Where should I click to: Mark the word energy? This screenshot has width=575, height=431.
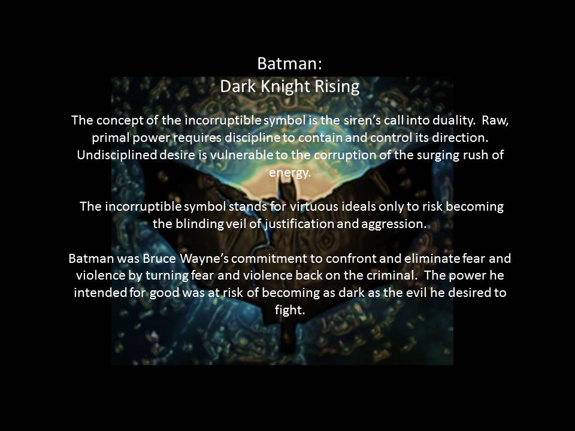click(290, 172)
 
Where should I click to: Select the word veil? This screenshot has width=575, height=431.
click(232, 224)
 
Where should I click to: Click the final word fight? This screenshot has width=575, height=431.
click(287, 311)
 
